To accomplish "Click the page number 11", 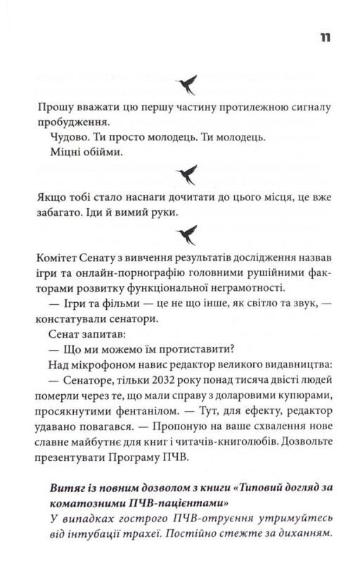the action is [323, 37].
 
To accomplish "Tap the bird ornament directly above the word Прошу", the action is [190, 84].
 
